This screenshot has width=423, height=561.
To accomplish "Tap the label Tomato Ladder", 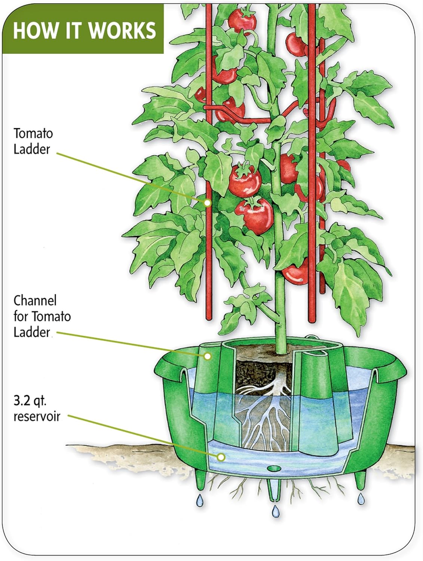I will [x=33, y=141].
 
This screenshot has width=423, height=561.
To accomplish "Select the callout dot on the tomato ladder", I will [x=207, y=203].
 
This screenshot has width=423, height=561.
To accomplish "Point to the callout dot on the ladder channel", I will [x=208, y=356].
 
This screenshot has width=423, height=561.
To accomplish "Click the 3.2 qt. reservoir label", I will [x=36, y=408].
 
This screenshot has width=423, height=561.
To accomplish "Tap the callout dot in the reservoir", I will [x=221, y=457].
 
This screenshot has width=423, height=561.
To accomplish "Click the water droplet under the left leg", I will [x=200, y=500].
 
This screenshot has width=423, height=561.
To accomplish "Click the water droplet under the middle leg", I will [x=276, y=511].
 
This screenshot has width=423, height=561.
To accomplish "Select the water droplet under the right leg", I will [x=361, y=499].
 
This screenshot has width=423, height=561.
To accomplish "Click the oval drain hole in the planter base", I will [x=274, y=468].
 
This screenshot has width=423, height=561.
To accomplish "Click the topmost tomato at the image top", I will [x=242, y=21].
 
